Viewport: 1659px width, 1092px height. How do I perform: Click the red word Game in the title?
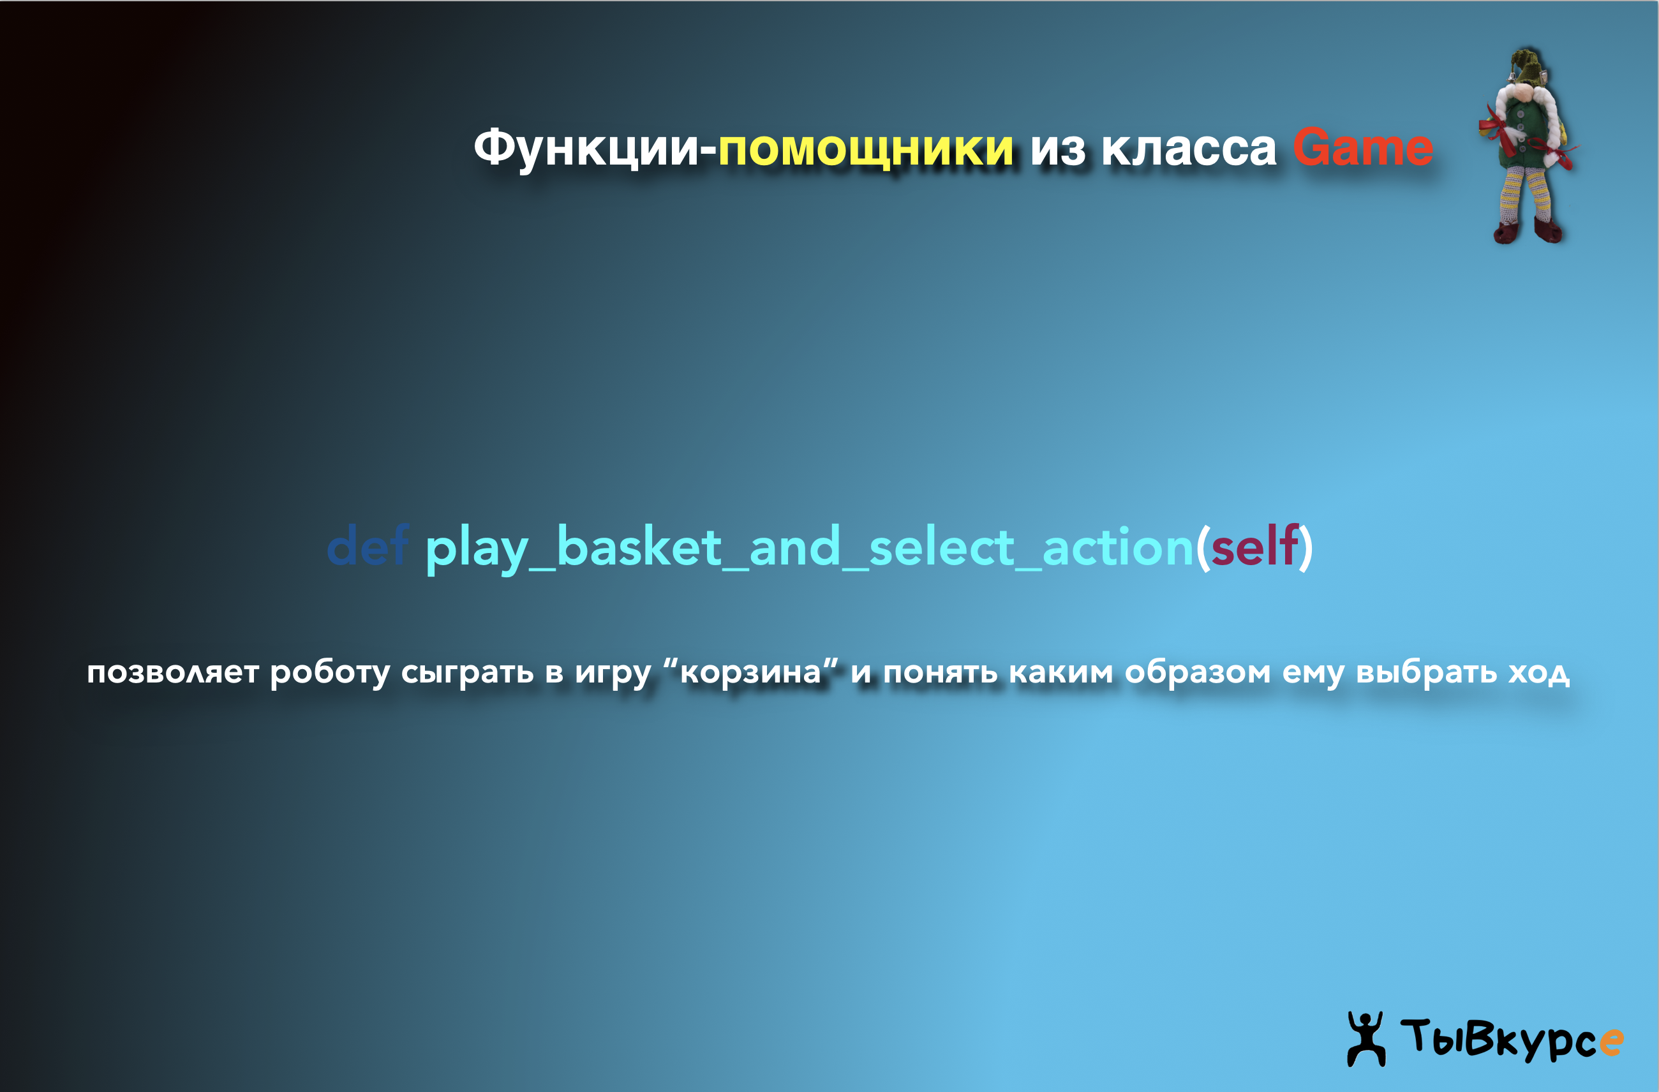click(1363, 147)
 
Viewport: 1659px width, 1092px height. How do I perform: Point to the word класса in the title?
click(1189, 149)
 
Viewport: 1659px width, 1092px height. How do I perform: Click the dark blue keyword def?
click(368, 545)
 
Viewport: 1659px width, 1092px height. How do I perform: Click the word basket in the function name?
click(639, 545)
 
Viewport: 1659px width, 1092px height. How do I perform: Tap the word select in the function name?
click(941, 545)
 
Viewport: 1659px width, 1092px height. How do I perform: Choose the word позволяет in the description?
click(173, 672)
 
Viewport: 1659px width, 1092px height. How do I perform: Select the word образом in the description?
click(1198, 672)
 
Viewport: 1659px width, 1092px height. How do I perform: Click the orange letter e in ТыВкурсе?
click(1611, 1042)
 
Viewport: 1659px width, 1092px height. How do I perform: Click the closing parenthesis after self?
click(1306, 547)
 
